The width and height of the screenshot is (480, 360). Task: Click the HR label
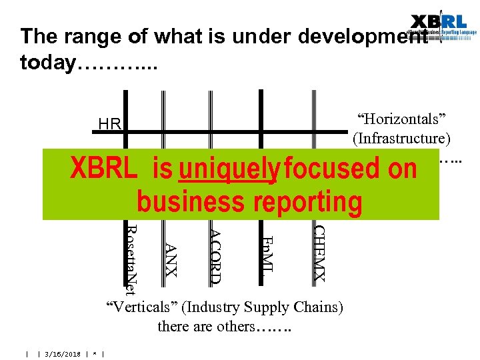coord(109,124)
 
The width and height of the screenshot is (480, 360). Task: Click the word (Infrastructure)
coord(401,138)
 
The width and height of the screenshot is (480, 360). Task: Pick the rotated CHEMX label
coord(319,253)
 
